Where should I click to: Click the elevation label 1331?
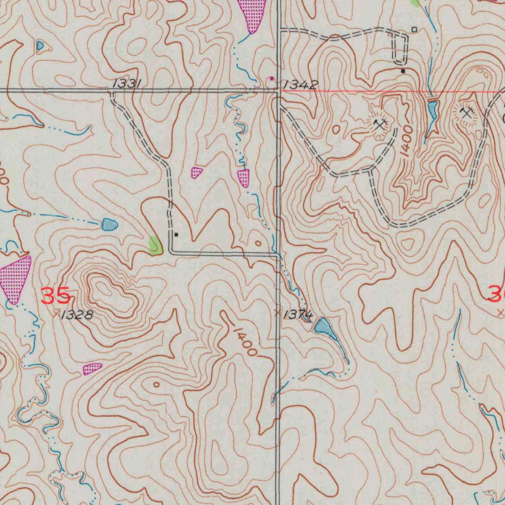coord(128,84)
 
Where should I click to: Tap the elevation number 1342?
coord(300,84)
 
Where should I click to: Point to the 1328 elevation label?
coord(76,315)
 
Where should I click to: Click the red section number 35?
coord(55,296)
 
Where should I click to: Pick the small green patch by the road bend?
coord(156,245)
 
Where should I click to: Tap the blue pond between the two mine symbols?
coord(433,110)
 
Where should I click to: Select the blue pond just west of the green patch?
coord(109,225)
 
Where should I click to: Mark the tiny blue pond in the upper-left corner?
coord(40,46)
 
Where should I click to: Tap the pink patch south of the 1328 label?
coord(92,368)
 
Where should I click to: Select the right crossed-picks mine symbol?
coord(466,113)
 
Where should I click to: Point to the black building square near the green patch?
coord(176,235)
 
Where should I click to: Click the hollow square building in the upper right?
coord(414,30)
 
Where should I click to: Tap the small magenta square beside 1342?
coord(271,78)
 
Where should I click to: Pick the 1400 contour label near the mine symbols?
coord(407,142)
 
